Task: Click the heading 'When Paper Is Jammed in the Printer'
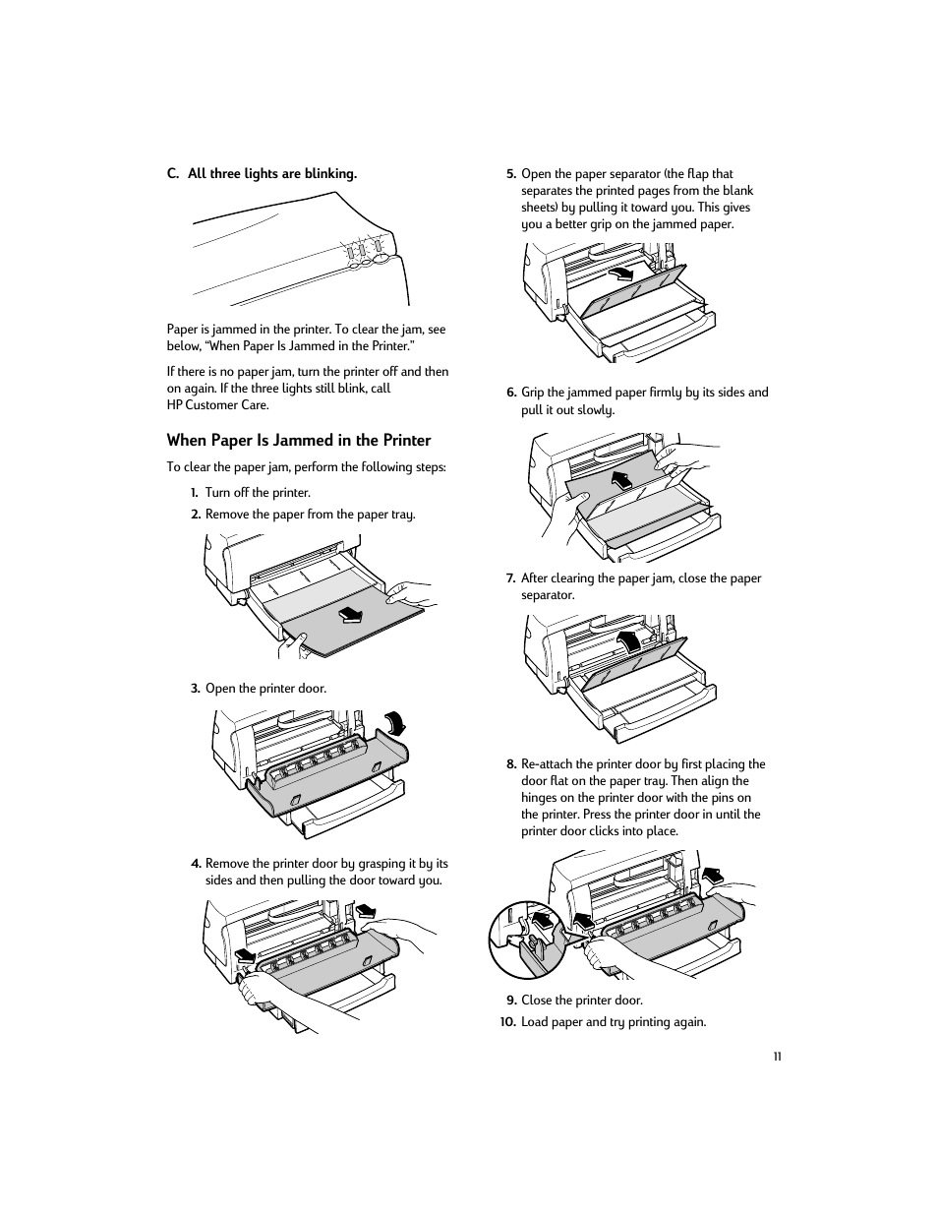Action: (x=298, y=441)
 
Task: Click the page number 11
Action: (x=777, y=1057)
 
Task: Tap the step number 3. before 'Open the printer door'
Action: (x=196, y=689)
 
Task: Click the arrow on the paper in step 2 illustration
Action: (x=350, y=615)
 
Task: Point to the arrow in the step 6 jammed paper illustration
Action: (x=621, y=480)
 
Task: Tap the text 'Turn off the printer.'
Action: (x=258, y=493)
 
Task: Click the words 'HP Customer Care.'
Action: (x=217, y=405)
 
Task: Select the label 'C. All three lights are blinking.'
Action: (x=262, y=174)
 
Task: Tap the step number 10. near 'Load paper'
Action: (x=507, y=1022)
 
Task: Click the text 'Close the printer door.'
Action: (x=581, y=1001)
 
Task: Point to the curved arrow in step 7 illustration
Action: (x=627, y=641)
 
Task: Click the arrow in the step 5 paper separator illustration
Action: (x=621, y=273)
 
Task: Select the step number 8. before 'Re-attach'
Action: (x=511, y=764)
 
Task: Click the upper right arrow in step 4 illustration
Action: (x=365, y=909)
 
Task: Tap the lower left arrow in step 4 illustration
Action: (x=244, y=953)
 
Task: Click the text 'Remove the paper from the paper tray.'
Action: (x=310, y=515)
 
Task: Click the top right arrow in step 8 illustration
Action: (x=711, y=875)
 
